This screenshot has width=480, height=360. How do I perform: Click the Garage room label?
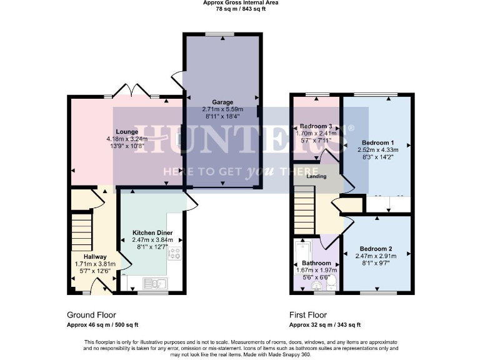[222, 102]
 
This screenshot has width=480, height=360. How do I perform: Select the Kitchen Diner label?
[152, 232]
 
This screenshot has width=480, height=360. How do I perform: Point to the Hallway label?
[92, 256]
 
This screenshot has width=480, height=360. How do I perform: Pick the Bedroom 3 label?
[316, 125]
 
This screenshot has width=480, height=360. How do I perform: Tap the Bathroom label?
[316, 263]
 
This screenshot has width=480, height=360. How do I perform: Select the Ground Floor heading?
[91, 315]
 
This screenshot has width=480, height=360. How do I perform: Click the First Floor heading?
[307, 315]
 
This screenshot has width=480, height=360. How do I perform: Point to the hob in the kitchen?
[174, 254]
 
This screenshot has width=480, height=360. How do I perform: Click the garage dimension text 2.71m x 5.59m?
[222, 109]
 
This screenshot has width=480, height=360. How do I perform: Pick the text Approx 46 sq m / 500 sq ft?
[102, 325]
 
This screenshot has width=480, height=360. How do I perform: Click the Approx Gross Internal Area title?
[241, 3]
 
